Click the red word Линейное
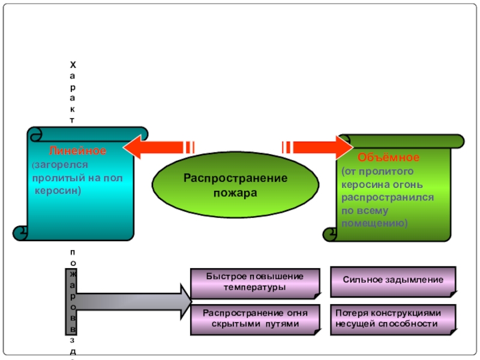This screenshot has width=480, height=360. [x=77, y=151]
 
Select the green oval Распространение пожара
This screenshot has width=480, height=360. [x=236, y=185]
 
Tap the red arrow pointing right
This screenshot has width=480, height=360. [x=319, y=147]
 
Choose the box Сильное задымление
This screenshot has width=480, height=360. [x=393, y=280]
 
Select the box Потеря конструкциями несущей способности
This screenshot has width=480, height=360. [x=393, y=319]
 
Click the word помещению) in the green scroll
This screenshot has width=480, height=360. [x=374, y=223]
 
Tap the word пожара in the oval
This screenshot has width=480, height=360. [x=236, y=193]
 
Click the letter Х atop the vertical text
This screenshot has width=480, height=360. [x=73, y=64]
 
